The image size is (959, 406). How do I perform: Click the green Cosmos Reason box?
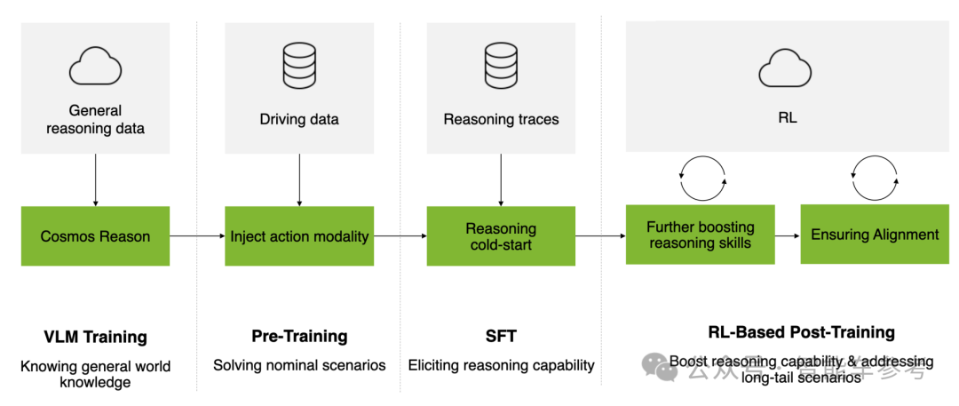95,236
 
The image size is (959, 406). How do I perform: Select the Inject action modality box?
299,236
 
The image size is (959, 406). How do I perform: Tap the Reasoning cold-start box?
501,236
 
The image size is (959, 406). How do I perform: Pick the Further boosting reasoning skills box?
700,235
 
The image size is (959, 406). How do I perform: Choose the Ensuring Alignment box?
875,235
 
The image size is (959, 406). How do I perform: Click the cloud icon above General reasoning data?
95,65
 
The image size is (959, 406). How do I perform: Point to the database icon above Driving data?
299,65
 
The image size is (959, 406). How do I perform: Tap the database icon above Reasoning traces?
501,65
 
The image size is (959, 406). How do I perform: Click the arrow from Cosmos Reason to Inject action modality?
197,236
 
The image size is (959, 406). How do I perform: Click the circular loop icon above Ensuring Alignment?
875,179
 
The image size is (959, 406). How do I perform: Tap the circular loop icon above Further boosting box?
702,179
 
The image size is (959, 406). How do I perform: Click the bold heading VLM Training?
95,337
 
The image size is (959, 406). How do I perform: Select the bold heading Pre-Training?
299,337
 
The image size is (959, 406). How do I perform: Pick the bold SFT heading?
501,337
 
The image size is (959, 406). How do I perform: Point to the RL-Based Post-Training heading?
801,332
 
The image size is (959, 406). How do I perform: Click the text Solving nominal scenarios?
299,365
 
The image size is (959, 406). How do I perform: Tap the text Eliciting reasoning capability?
501,365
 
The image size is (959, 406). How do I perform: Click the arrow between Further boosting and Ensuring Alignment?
788,235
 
